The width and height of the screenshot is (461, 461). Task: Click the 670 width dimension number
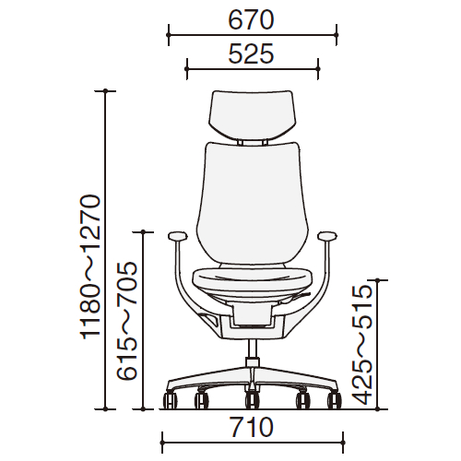[251, 20]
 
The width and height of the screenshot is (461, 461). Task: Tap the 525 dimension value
[251, 53]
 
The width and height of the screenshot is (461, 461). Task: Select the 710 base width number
[252, 427]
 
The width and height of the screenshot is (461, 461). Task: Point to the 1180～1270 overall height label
[90, 266]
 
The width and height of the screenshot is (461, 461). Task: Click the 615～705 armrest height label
[126, 321]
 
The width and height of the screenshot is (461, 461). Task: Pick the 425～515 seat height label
[362, 345]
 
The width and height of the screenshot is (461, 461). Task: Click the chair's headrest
[252, 115]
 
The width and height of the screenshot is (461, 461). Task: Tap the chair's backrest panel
[252, 203]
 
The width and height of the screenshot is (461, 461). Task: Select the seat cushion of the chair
[252, 279]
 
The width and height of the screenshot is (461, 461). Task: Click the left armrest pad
[178, 236]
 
